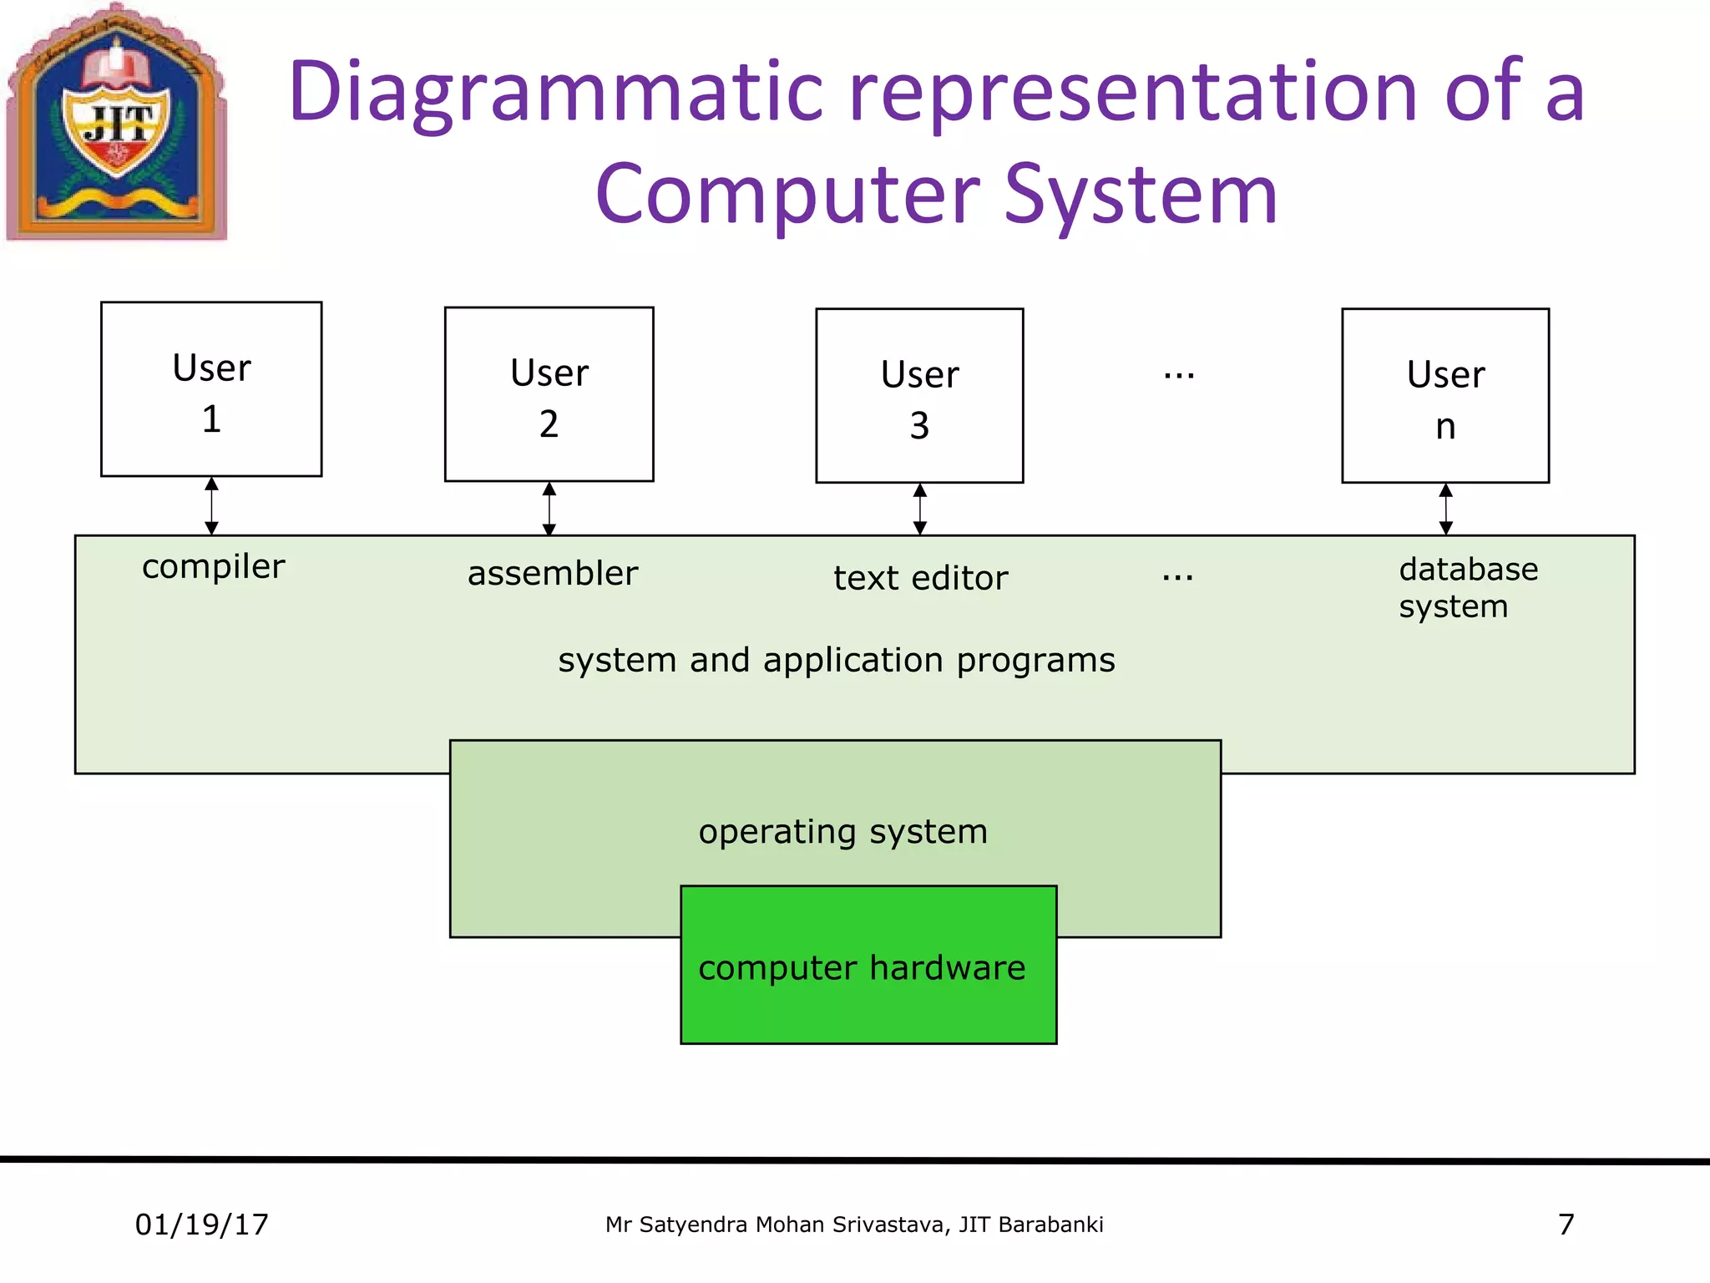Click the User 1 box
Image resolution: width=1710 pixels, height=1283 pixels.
211,389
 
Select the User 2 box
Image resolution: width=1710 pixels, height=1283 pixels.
549,394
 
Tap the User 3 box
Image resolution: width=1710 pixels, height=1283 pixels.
919,396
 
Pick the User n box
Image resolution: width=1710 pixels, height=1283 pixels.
1445,396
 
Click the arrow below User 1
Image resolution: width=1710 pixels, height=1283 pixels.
212,506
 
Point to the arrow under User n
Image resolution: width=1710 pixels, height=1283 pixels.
1446,509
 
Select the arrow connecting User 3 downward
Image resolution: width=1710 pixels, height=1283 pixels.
920,509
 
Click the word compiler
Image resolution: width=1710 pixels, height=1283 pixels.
213,566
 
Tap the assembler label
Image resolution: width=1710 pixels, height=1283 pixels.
553,574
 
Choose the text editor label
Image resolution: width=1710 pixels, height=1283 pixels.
921,578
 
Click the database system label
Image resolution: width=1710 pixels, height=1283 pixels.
1468,587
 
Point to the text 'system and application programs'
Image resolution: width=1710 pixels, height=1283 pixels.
837,660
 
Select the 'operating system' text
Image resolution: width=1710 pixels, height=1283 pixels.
843,831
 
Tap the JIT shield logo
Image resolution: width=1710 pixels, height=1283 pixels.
117,125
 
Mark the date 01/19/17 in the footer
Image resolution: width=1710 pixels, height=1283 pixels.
202,1225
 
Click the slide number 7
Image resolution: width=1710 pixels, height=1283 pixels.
1566,1225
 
